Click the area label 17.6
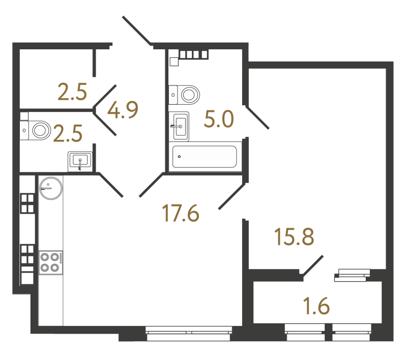click(x=180, y=213)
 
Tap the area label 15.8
click(x=293, y=238)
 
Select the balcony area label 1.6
click(x=317, y=307)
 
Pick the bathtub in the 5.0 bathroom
click(x=205, y=157)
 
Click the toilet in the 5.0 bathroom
click(x=186, y=94)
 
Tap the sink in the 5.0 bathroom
click(x=180, y=126)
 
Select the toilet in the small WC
click(x=37, y=130)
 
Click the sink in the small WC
click(x=80, y=161)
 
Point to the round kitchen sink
click(x=51, y=188)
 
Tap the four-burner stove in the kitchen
click(x=50, y=262)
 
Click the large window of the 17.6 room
click(x=188, y=332)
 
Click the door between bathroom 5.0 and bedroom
click(x=257, y=117)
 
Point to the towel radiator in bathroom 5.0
click(x=194, y=53)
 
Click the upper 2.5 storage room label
click(x=72, y=92)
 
